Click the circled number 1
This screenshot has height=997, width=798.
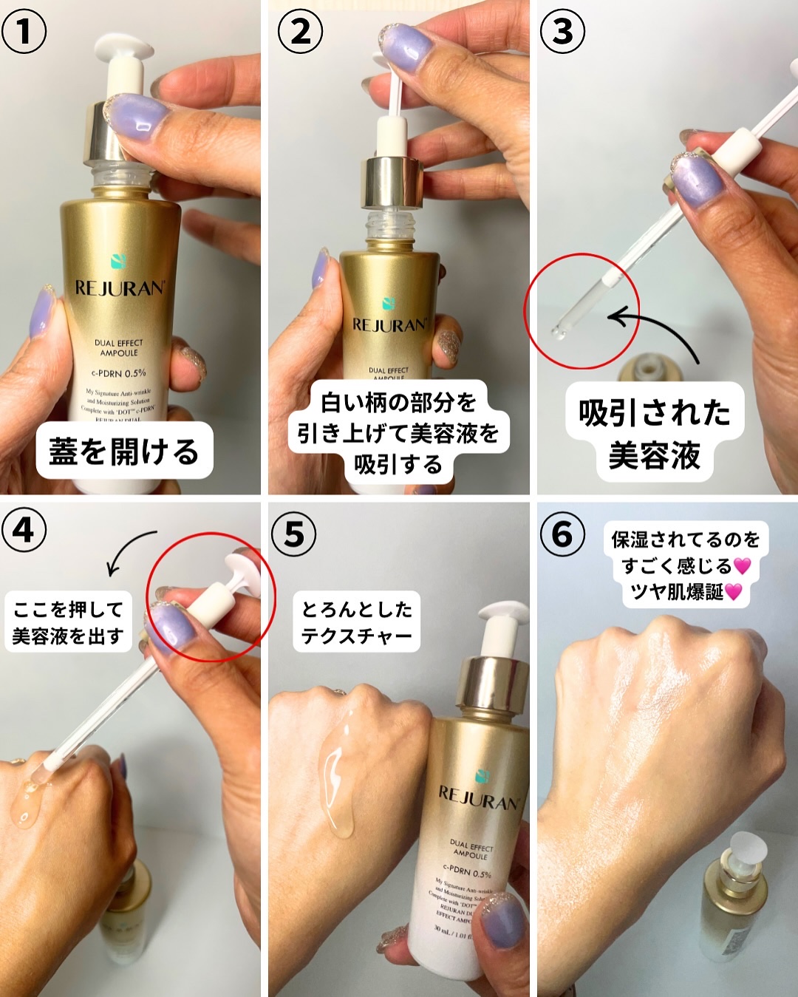pyautogui.click(x=24, y=32)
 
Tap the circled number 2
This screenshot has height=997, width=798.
pyautogui.click(x=300, y=32)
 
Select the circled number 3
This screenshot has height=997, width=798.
pyautogui.click(x=562, y=32)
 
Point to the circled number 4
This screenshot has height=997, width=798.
pyautogui.click(x=24, y=530)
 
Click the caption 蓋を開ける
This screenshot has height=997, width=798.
pyautogui.click(x=124, y=451)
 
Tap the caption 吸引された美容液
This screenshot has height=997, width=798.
pyautogui.click(x=654, y=434)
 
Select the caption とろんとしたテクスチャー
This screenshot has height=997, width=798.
pyautogui.click(x=356, y=622)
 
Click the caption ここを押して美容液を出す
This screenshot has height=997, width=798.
pyautogui.click(x=68, y=622)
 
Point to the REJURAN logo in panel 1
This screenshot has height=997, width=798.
pyautogui.click(x=118, y=288)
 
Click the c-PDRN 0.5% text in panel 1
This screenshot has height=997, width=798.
pyautogui.click(x=118, y=373)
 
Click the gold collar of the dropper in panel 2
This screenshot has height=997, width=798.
pyautogui.click(x=392, y=181)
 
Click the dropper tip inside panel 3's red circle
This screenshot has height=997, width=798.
pyautogui.click(x=559, y=333)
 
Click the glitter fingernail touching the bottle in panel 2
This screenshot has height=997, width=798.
pyautogui.click(x=446, y=348)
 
